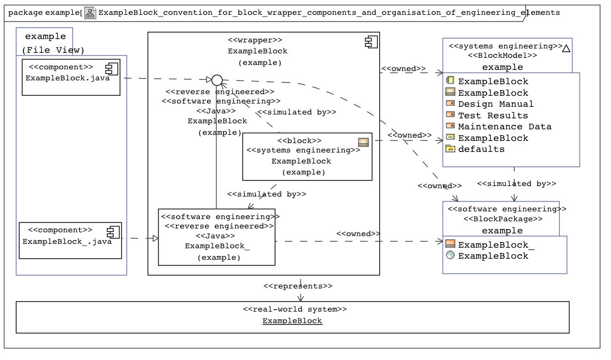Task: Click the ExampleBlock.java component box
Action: coord(70,78)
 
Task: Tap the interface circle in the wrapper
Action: coord(217,80)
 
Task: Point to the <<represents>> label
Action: coord(298,286)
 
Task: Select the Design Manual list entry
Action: coord(495,104)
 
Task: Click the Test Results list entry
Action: coord(493,116)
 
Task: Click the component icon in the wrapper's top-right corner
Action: coord(370,42)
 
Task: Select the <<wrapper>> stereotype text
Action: coord(255,40)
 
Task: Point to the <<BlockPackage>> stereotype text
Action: coord(505,219)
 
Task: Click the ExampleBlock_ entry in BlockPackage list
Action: coord(496,245)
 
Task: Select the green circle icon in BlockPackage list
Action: coord(450,255)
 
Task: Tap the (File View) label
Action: coord(53,50)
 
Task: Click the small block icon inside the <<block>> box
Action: coord(363,142)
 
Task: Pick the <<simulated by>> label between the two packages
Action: coord(516,183)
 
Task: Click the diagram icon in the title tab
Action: coord(90,12)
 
